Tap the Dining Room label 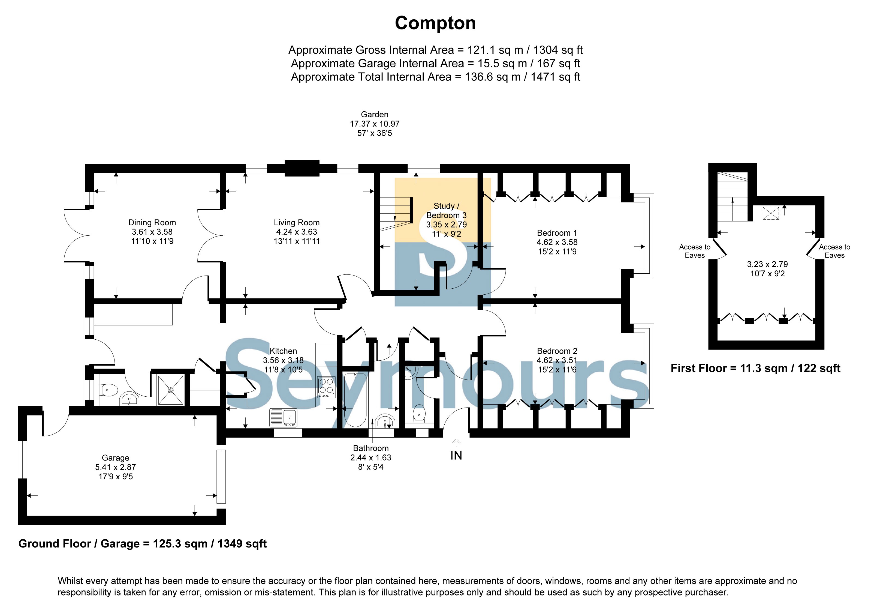[152, 223]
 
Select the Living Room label [297, 223]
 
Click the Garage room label [116, 458]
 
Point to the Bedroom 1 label [557, 233]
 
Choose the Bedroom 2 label [557, 351]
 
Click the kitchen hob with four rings [326, 387]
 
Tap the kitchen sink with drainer [283, 417]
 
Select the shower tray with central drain [171, 390]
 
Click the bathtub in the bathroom [355, 399]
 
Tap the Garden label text [374, 115]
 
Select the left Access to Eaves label [695, 251]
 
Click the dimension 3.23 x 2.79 [767, 264]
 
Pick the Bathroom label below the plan [371, 448]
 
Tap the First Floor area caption [755, 368]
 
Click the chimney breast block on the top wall [302, 168]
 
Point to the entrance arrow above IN [456, 442]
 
